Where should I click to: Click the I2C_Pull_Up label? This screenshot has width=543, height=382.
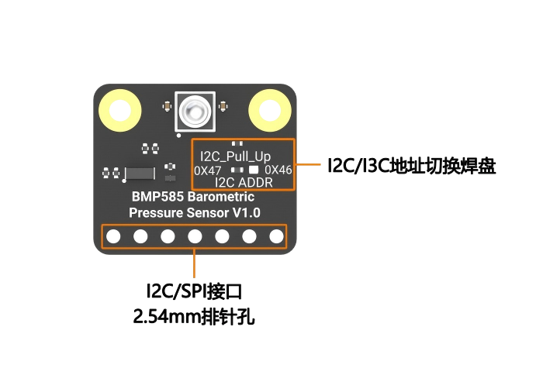(x=236, y=156)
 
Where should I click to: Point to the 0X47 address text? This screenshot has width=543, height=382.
(x=208, y=170)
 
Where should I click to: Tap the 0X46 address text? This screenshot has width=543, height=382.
(x=278, y=169)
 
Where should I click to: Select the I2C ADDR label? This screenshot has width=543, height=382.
(x=244, y=182)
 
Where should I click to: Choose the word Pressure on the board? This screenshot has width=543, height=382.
(x=154, y=212)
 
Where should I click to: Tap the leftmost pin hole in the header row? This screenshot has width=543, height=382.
(x=113, y=236)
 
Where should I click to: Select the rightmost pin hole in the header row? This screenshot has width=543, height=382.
(x=275, y=236)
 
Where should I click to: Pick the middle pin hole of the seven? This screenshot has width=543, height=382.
(x=195, y=236)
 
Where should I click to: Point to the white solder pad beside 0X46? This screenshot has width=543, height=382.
(x=254, y=169)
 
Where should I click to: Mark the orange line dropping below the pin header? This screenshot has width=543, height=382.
(x=194, y=263)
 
